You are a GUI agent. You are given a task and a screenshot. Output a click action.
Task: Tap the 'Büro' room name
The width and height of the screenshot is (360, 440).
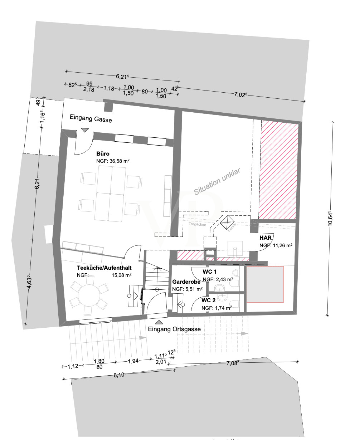(x=103, y=153)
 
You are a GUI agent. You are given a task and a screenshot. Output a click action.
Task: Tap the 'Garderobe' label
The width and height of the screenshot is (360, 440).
(x=186, y=282)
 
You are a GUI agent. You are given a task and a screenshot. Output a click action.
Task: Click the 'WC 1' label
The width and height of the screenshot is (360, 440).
(x=210, y=272)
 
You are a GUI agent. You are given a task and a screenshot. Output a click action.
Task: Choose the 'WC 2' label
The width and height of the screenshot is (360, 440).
(x=209, y=300)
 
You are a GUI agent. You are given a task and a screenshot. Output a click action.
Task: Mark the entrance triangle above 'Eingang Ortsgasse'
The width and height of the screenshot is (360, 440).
(x=158, y=322)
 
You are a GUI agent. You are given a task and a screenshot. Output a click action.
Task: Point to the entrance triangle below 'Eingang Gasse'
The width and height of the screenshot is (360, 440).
(x=84, y=130)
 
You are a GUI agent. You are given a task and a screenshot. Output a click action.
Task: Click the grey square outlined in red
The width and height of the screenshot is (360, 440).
(x=265, y=284)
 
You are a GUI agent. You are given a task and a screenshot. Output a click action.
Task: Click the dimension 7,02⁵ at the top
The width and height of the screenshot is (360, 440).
(x=240, y=94)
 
